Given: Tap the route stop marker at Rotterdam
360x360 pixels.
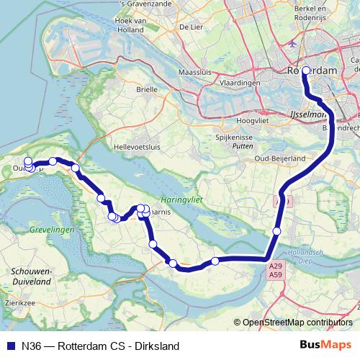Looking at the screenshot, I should pyautogui.click(x=306, y=71).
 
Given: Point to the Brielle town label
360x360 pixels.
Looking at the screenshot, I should pyautogui.click(x=147, y=90).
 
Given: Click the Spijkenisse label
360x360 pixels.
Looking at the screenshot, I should pyautogui.click(x=235, y=137).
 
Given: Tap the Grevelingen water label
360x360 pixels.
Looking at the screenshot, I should pyautogui.click(x=53, y=229).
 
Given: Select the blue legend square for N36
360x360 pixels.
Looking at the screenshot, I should pyautogui.click(x=10, y=346).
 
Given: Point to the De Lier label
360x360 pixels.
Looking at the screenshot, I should pyautogui.click(x=192, y=27).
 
